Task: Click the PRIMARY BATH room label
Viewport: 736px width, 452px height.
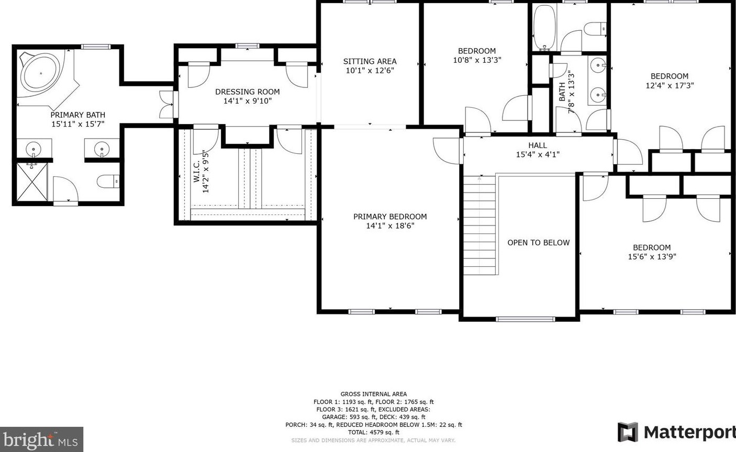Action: pos(78,115)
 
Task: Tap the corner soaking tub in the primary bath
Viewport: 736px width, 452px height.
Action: pos(41,74)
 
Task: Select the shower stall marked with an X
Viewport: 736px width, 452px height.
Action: pos(32,182)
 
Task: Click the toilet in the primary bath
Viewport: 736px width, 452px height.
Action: pos(108,181)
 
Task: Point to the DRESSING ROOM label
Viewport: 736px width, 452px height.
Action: pos(248,92)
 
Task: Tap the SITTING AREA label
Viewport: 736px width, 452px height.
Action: pos(370,61)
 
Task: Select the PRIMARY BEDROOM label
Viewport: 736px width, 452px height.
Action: pos(390,217)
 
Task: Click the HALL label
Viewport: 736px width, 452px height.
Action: pos(538,145)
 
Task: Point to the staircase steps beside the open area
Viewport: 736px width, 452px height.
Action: pos(479,225)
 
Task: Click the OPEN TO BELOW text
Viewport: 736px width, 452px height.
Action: pos(539,243)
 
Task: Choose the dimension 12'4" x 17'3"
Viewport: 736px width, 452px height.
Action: pos(670,86)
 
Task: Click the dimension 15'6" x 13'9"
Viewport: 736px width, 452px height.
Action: pos(652,257)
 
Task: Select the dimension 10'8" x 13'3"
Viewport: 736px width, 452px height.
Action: pos(477,60)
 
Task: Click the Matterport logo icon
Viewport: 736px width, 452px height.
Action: pos(628,432)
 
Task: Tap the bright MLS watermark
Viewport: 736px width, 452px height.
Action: pos(41,439)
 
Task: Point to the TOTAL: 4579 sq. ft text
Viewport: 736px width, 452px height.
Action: pos(374,432)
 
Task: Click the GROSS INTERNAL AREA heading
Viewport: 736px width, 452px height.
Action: pos(374,394)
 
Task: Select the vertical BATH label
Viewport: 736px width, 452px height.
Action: pos(562,92)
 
